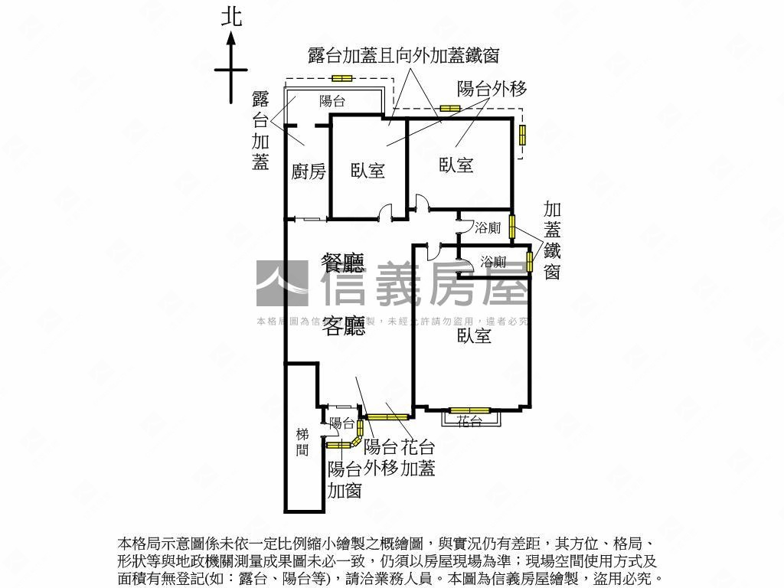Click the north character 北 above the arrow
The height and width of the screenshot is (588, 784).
(x=231, y=17)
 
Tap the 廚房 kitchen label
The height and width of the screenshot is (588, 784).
(x=309, y=171)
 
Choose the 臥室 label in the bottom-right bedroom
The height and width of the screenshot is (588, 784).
(x=474, y=335)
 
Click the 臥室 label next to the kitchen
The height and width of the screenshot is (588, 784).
(x=367, y=171)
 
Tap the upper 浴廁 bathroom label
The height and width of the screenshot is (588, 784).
(x=488, y=227)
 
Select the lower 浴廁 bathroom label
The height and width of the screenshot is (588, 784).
(x=493, y=262)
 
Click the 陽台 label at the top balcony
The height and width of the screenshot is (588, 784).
(x=332, y=100)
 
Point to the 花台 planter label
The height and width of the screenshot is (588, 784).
(x=469, y=420)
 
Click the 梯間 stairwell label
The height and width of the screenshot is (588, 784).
(x=302, y=442)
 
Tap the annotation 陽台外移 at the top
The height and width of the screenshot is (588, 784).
(x=492, y=89)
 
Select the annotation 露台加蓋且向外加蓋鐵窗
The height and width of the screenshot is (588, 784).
(x=403, y=55)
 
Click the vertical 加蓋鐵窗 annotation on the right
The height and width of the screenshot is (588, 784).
(x=552, y=240)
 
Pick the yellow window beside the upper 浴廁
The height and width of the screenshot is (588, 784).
(x=511, y=227)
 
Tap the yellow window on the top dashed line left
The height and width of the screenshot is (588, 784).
(x=341, y=78)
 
